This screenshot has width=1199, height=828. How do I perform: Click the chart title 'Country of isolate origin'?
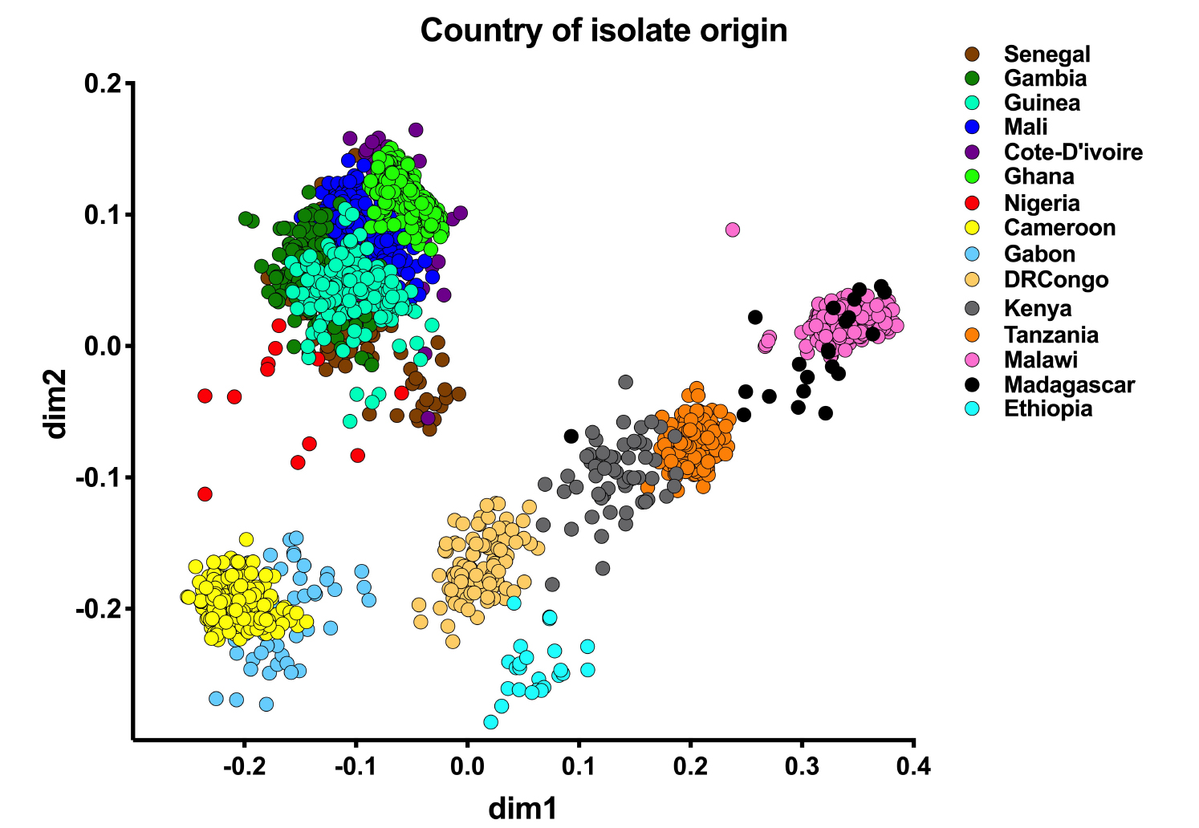click(604, 30)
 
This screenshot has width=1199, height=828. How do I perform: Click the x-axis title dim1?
click(522, 807)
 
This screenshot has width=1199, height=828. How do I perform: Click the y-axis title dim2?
click(56, 404)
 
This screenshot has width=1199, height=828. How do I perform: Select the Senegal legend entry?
click(1047, 54)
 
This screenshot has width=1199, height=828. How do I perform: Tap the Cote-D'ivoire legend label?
click(1072, 152)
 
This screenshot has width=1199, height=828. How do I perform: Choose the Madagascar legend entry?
click(1069, 384)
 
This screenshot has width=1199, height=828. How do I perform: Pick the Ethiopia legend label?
click(1047, 408)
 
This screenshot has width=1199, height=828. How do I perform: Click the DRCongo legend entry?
click(1055, 279)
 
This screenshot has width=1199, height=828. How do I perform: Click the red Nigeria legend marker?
click(972, 203)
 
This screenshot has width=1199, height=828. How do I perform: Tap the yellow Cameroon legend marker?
click(972, 228)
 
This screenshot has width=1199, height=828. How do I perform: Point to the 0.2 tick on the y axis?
click(103, 83)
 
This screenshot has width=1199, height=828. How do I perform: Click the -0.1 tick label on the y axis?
click(97, 478)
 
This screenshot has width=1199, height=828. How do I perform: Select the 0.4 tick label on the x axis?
click(913, 767)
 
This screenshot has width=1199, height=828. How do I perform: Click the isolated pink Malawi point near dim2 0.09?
click(732, 229)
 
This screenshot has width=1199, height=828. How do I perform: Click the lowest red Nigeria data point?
click(205, 493)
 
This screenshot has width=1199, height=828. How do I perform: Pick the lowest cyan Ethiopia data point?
click(490, 722)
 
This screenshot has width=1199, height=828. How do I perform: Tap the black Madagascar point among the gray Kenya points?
click(571, 436)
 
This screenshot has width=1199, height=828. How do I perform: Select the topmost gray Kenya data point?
click(625, 382)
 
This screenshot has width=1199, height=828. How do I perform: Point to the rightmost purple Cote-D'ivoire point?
click(461, 213)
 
